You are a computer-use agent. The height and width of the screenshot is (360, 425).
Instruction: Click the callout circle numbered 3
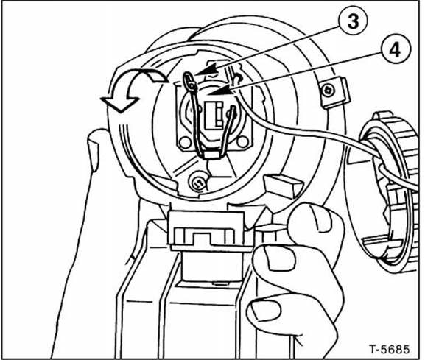tap(353, 21)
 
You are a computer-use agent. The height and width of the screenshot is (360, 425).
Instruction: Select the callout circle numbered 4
tap(396, 50)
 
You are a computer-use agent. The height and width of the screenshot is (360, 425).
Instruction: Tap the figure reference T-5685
tap(390, 349)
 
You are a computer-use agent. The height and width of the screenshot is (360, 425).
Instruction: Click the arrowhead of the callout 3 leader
tap(208, 70)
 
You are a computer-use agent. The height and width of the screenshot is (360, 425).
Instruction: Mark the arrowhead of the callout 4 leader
tap(221, 91)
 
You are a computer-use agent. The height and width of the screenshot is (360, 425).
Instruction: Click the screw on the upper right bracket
tap(328, 91)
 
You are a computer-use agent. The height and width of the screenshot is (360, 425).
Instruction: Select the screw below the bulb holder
tap(197, 182)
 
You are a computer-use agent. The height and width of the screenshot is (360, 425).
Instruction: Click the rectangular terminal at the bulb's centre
tap(214, 116)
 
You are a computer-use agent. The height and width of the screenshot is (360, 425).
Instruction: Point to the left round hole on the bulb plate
tap(185, 142)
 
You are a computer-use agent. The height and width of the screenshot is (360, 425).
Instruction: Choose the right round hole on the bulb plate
tap(242, 141)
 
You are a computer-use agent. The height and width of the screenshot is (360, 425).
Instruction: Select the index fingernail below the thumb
tap(278, 258)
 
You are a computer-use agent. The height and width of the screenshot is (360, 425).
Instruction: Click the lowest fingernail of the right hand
tap(265, 311)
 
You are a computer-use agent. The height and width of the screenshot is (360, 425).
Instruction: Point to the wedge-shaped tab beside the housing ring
tap(282, 185)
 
